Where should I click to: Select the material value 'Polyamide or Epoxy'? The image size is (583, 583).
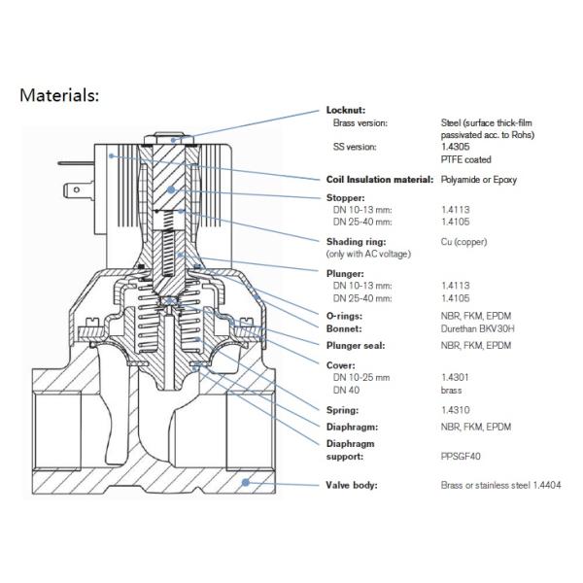pos(479,180)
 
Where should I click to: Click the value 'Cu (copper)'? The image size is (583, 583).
pos(463,241)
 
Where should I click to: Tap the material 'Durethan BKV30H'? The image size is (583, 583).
pos(476,328)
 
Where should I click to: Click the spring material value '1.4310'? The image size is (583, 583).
pos(453,410)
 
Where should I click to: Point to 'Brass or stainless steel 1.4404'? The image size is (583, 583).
pos(500,484)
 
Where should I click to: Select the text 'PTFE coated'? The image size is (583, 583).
pos(465,159)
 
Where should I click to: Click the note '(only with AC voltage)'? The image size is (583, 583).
pos(369,254)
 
